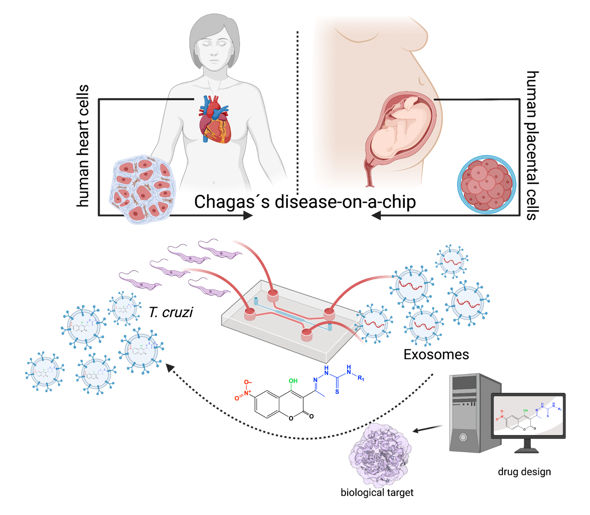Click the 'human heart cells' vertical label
(x=83, y=146)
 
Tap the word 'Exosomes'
(x=436, y=354)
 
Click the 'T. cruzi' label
(x=170, y=312)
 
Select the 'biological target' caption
(x=377, y=492)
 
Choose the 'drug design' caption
(x=524, y=472)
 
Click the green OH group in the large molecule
(x=293, y=381)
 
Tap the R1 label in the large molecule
(x=361, y=378)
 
